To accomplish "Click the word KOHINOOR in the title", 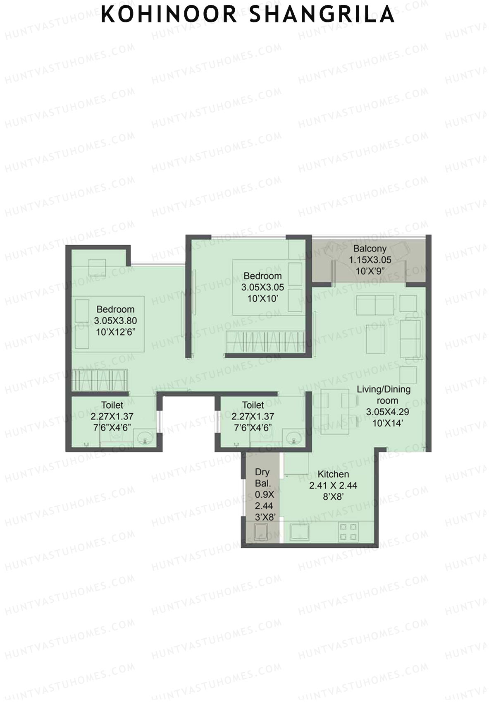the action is coord(169,14).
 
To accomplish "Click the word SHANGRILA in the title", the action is coord(322,14).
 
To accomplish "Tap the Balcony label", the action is coord(370,249).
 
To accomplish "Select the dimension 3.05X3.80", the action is coord(115,321).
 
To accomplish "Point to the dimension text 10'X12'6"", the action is coord(115,332).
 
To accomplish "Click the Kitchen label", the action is coord(333,474).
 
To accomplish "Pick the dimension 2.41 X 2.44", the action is coord(333,486).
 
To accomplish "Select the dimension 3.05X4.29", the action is coord(388,412).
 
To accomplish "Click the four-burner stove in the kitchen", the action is coord(348,532).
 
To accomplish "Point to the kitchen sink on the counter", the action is coord(300,532).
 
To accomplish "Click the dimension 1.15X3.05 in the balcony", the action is coord(370,260).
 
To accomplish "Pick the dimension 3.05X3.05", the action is coord(262,287).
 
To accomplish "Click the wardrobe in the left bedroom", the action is coord(100,380).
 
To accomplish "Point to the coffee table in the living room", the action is coord(375,339).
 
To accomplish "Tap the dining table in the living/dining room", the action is coord(335,412).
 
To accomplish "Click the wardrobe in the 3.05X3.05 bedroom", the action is coord(265,342).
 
